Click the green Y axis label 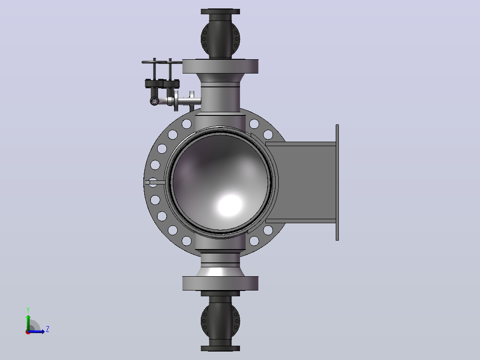click(x=28, y=310)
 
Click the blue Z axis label click(x=48, y=329)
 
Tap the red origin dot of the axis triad click(x=28, y=332)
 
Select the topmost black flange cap click(x=220, y=12)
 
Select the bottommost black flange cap click(x=220, y=348)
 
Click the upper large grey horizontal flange click(x=220, y=66)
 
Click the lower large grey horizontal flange click(x=220, y=283)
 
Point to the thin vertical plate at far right click(x=338, y=182)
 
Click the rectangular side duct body click(x=301, y=182)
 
